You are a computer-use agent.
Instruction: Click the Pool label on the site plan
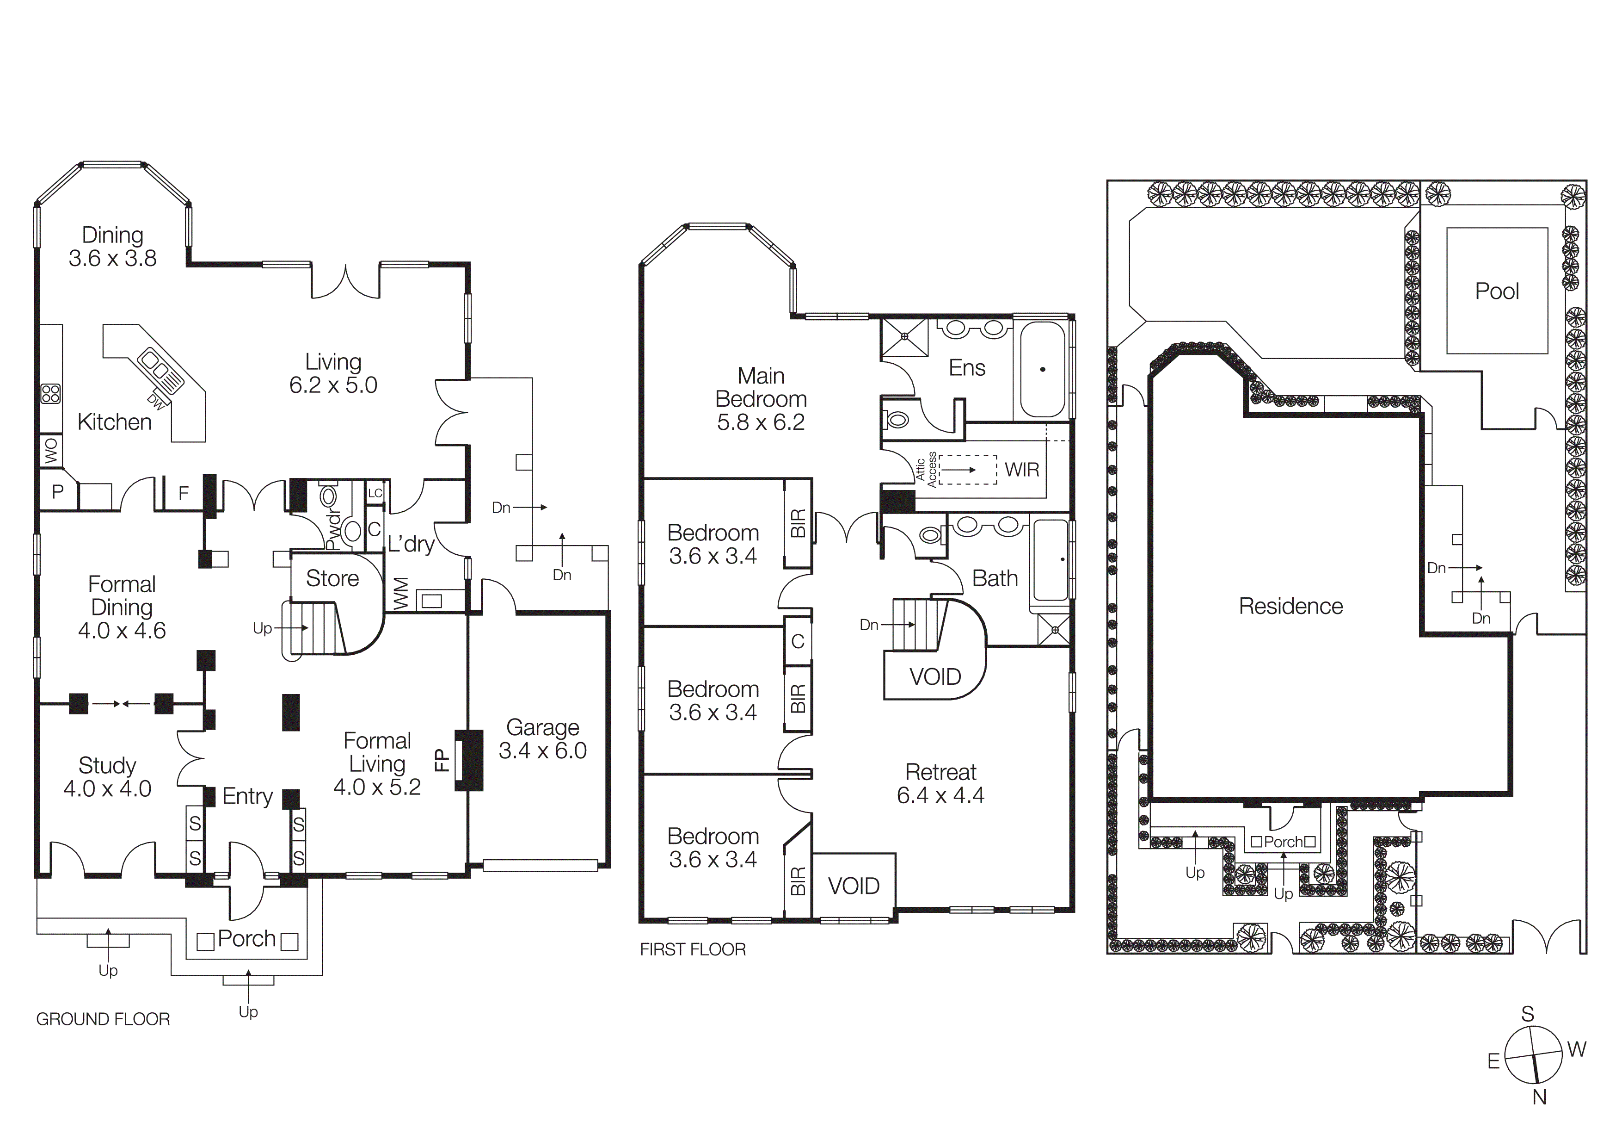(1496, 291)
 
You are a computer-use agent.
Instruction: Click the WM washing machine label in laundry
(400, 593)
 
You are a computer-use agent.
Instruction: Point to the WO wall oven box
(51, 451)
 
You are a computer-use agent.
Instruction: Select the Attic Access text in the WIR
(926, 469)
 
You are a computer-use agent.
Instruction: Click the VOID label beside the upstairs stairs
(934, 677)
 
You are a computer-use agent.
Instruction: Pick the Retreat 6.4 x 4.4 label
(940, 783)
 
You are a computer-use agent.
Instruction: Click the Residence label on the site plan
(1290, 606)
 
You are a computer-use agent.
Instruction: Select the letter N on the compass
(1539, 1097)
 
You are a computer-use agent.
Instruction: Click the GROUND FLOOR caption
(103, 1019)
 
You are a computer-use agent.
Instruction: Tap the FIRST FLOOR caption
(692, 949)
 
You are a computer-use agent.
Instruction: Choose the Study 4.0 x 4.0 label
(107, 777)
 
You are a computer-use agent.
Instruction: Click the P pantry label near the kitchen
(58, 492)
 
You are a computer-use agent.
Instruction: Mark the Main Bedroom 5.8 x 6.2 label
(761, 398)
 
